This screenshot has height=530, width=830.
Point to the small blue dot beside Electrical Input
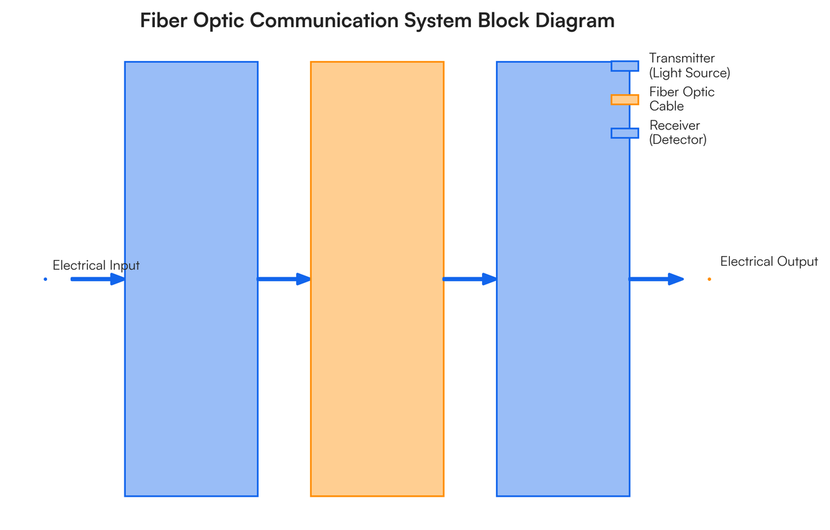coord(46,280)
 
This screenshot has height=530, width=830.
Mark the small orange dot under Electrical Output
coord(709,280)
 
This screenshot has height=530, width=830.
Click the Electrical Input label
coord(96,266)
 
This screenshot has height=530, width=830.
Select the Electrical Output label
coord(768,262)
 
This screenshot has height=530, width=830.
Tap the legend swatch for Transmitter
coord(625,66)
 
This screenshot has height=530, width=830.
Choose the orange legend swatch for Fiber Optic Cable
coord(625,100)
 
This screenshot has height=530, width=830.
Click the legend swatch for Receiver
coord(625,133)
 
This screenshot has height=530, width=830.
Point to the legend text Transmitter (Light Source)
coord(689,66)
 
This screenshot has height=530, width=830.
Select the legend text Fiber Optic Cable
coord(681,99)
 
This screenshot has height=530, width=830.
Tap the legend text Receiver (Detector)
coord(678,133)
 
